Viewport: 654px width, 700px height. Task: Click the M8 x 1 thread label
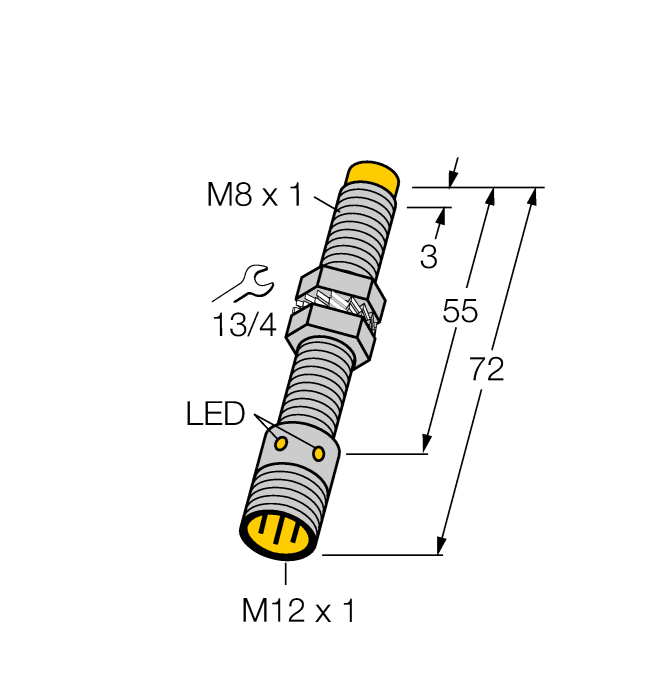click(x=253, y=195)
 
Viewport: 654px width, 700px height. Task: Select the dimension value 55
click(x=460, y=312)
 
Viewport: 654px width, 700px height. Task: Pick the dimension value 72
click(x=487, y=370)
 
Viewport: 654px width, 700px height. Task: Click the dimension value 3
click(x=428, y=258)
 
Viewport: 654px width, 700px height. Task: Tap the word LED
click(x=215, y=414)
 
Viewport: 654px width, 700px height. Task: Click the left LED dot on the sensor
click(x=282, y=442)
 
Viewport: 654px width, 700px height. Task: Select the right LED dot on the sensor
click(x=319, y=454)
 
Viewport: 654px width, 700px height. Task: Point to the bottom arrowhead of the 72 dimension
click(x=440, y=545)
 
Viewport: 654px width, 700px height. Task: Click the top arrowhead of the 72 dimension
click(x=531, y=196)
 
